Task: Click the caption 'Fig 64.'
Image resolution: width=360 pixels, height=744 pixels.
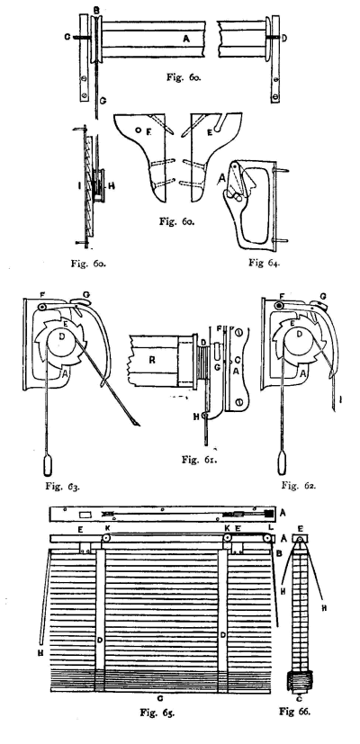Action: click(264, 263)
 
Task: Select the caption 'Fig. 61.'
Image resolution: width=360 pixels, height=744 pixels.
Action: click(198, 460)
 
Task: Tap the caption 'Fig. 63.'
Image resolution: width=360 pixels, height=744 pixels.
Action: click(61, 486)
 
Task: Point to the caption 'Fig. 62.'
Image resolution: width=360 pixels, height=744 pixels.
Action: click(298, 485)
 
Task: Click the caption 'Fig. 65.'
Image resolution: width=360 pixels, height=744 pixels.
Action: click(157, 713)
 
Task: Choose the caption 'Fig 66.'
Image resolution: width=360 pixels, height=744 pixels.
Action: click(294, 712)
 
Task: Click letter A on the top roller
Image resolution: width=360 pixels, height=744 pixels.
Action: click(186, 40)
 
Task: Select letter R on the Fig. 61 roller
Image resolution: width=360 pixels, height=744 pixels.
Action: click(153, 360)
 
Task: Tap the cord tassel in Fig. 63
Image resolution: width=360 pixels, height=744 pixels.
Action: click(47, 465)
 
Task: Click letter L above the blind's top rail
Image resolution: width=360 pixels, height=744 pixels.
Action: click(270, 527)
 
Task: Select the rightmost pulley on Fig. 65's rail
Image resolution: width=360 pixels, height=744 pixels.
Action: click(269, 539)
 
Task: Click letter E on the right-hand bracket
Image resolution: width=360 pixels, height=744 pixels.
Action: click(209, 133)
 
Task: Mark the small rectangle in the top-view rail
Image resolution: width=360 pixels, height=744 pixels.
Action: click(86, 515)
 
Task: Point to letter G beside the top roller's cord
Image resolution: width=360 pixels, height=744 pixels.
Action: click(103, 101)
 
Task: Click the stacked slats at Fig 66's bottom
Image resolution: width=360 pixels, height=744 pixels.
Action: click(298, 686)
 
